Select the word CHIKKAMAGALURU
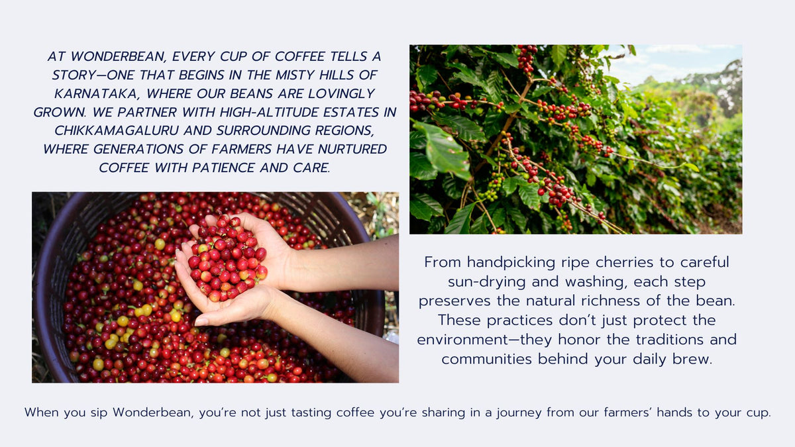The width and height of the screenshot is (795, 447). coord(117,130)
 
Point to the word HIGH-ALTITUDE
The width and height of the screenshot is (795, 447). coord(270,112)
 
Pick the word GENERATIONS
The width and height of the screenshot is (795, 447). coord(138,149)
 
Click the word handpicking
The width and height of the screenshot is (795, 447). coord(511,263)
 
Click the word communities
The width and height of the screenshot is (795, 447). coord(487,359)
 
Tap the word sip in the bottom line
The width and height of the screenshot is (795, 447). coord(99,413)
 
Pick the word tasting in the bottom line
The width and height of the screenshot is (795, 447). coord(311,413)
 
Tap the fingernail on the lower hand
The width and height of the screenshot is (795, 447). coord(201,321)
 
